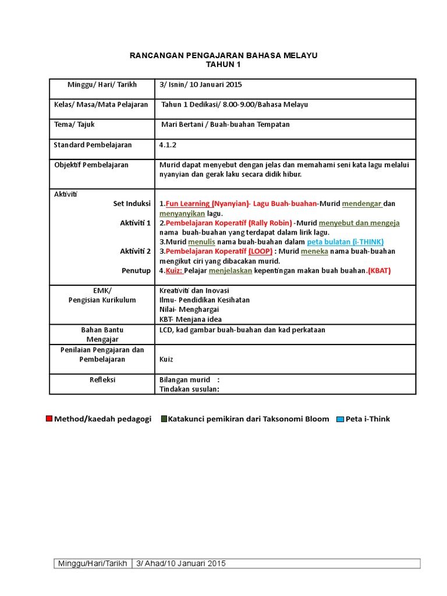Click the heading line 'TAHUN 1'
tap(223, 65)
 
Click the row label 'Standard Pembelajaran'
tap(93, 145)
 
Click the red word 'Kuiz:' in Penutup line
tap(174, 271)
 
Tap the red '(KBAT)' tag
tap(379, 271)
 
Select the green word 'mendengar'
tap(362, 204)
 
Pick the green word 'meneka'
tap(314, 251)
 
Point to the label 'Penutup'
tap(136, 271)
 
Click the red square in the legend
tap(49, 419)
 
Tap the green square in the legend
tap(164, 419)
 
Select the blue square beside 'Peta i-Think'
tap(340, 419)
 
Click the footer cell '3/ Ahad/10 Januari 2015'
tap(180, 563)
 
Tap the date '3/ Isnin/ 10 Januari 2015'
tap(200, 84)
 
